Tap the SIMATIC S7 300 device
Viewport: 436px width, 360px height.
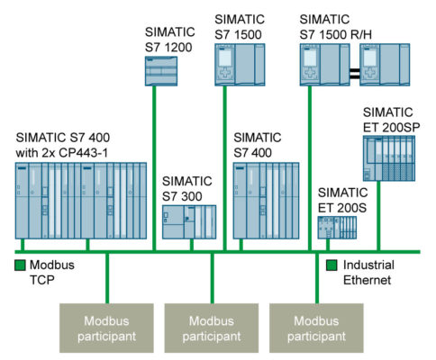pyautogui.click(x=189, y=222)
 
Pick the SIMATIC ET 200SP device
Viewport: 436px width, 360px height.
pyautogui.click(x=391, y=161)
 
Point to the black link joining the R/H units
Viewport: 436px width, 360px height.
pyautogui.click(x=354, y=65)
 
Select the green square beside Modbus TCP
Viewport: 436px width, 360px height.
pyautogui.click(x=21, y=265)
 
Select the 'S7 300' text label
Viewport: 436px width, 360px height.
pyautogui.click(x=183, y=197)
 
